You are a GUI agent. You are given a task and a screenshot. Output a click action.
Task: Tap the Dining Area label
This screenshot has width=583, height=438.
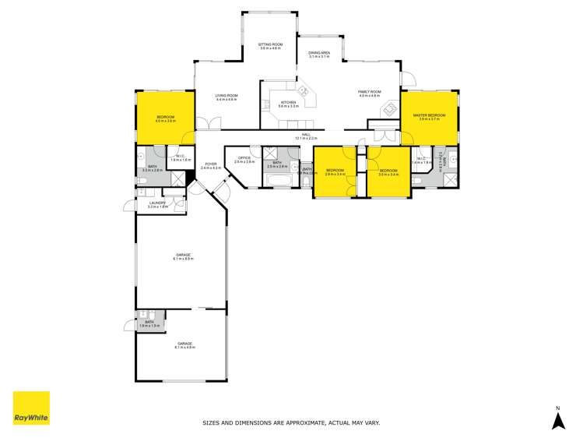[x=319, y=54]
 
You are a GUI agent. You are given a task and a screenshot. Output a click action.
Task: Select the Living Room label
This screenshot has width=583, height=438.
[x=226, y=98]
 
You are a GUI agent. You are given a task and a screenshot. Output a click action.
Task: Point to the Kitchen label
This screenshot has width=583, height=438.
[x=288, y=104]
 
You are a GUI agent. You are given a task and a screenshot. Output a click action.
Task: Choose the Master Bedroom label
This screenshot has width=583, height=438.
[x=429, y=117]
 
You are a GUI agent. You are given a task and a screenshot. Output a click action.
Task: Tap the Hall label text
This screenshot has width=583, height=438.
[x=306, y=136]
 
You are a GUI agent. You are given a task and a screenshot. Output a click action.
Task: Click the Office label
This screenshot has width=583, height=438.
[x=244, y=160]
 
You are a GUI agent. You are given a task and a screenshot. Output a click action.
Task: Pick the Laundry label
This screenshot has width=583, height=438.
[x=158, y=204]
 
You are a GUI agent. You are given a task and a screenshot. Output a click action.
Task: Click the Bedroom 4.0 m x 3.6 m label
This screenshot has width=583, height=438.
[x=164, y=118]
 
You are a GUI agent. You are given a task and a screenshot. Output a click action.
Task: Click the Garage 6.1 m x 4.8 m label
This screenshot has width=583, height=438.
[x=184, y=345]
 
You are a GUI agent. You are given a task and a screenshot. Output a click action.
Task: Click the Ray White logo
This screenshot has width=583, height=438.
[x=31, y=408]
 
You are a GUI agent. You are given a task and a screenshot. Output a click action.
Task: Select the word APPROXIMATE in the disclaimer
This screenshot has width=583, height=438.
[x=300, y=423]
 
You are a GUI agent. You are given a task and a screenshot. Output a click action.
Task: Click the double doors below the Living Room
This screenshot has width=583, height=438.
[x=209, y=123]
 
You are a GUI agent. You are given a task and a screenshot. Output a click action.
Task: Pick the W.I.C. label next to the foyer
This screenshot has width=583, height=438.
[x=181, y=157]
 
